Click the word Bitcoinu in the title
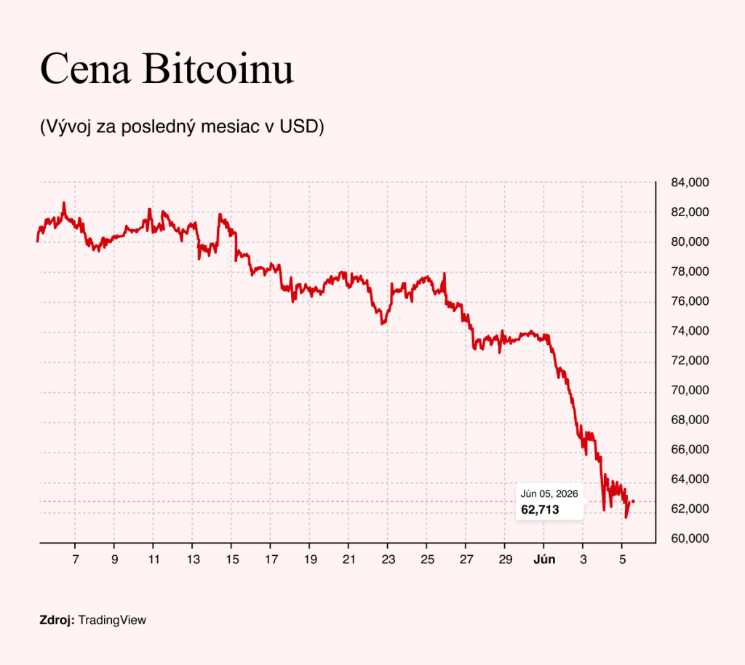pyautogui.click(x=218, y=68)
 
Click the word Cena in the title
pyautogui.click(x=85, y=68)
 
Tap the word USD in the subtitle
pyautogui.click(x=298, y=127)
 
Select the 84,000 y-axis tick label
pyautogui.click(x=690, y=183)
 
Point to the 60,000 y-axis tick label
pyautogui.click(x=690, y=538)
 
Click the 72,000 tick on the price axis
pyautogui.click(x=690, y=361)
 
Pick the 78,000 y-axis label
pyautogui.click(x=690, y=271)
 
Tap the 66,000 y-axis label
pyautogui.click(x=690, y=450)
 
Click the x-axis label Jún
pyautogui.click(x=544, y=559)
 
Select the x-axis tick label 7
pyautogui.click(x=76, y=559)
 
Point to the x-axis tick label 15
pyautogui.click(x=232, y=559)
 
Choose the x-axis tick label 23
pyautogui.click(x=389, y=559)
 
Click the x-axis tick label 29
pyautogui.click(x=506, y=559)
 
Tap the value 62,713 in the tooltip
pyautogui.click(x=540, y=510)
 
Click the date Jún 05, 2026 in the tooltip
pyautogui.click(x=549, y=494)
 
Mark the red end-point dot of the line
pyautogui.click(x=634, y=501)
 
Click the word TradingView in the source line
pyautogui.click(x=112, y=621)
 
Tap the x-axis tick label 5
pyautogui.click(x=623, y=559)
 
